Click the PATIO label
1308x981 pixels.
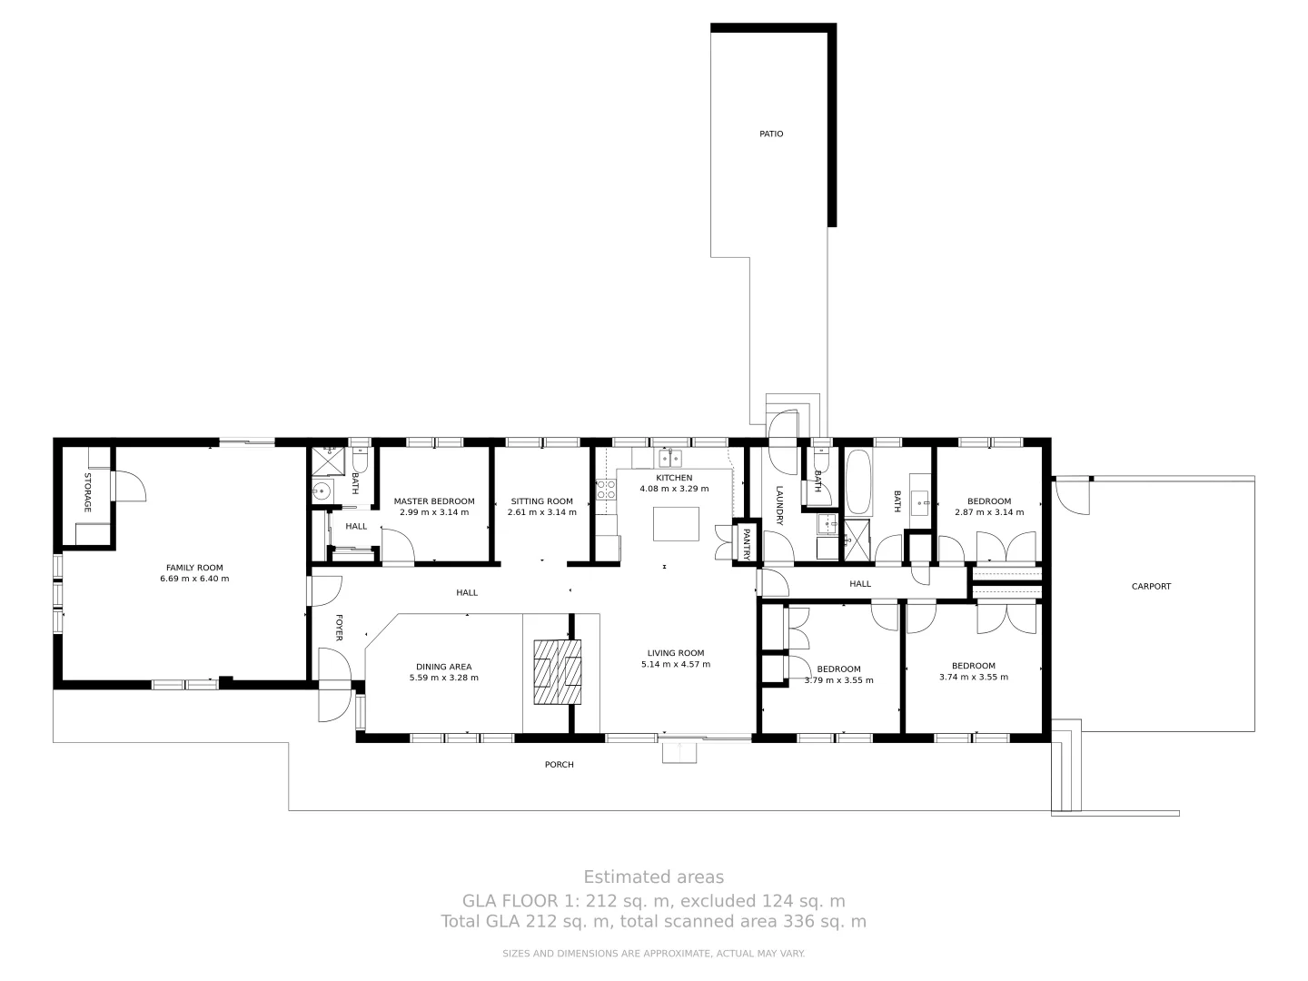pos(771,134)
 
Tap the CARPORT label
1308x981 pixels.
pos(1151,587)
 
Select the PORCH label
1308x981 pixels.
pos(559,765)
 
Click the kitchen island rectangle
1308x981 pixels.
pos(677,523)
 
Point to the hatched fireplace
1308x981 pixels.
pos(557,672)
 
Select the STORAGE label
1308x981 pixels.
pos(88,492)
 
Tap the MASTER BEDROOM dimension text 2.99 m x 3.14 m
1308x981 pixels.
pos(434,512)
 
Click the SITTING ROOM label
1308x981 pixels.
pos(541,501)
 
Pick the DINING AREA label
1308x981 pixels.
pos(443,667)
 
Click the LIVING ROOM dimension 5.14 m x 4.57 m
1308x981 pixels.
pos(676,664)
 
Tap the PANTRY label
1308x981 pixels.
pos(747,543)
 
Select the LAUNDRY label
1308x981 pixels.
pos(778,505)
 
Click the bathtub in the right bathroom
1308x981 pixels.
pos(858,483)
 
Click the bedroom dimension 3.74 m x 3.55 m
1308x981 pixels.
pos(973,677)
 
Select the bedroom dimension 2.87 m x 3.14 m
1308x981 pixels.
pos(988,512)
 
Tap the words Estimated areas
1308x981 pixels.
pos(653,877)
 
